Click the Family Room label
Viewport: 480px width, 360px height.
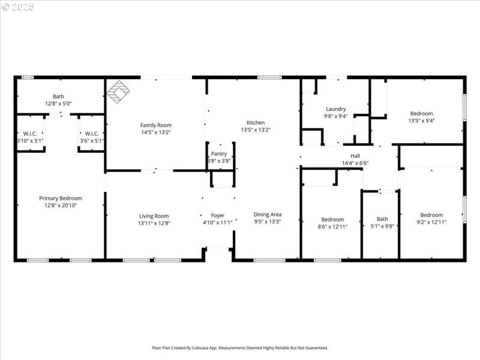pos(156,125)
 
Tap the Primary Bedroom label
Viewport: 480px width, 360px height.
pos(61,198)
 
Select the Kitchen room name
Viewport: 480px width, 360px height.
pos(256,122)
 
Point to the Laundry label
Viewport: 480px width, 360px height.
pos(336,109)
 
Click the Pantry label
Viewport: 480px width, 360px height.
pos(219,154)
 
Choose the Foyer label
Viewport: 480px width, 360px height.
pos(217,215)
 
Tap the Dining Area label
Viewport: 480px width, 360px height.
pos(268,214)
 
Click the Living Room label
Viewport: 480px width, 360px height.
pos(154,216)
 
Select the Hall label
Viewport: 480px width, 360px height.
pos(355,155)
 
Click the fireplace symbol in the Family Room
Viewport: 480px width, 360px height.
pos(118,92)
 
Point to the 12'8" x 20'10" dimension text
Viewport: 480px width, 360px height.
pos(61,205)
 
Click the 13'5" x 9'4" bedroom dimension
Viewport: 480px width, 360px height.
pos(421,121)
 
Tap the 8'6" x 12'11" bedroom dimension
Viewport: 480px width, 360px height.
pos(332,226)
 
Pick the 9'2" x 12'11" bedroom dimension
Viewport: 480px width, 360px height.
pos(431,222)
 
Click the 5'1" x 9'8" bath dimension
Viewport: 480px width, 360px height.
pos(382,226)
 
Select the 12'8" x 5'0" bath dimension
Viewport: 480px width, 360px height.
pos(58,103)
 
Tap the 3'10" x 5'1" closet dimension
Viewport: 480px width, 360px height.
pos(30,140)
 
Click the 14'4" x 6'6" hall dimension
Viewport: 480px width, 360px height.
pos(355,163)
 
